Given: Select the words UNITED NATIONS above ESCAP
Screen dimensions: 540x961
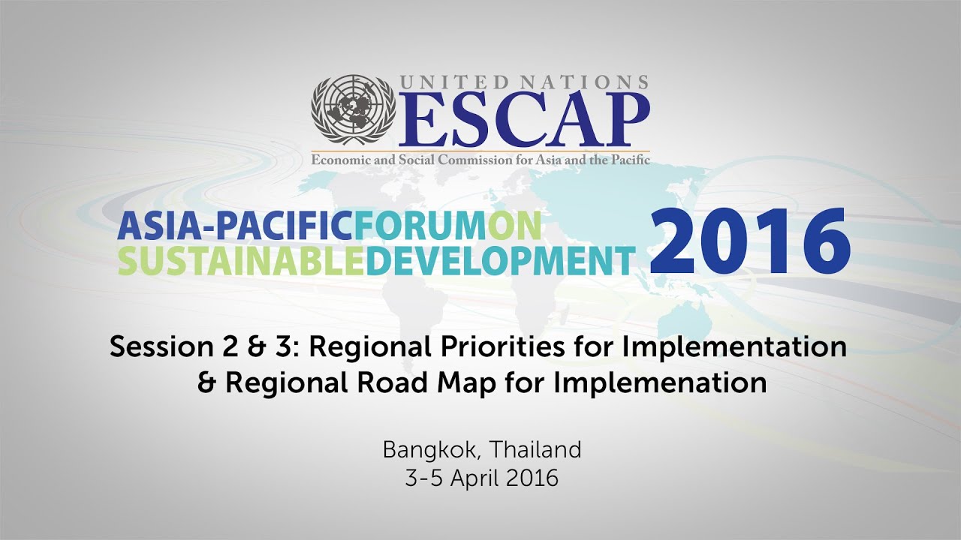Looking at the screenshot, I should coord(524,82).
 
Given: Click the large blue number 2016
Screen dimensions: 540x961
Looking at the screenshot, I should coord(749,240).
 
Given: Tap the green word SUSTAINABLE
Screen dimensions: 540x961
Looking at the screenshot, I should coord(241,259).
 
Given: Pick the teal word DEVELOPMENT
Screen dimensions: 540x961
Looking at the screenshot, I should coord(500,259).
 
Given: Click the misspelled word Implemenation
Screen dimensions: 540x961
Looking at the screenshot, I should coord(661,383).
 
